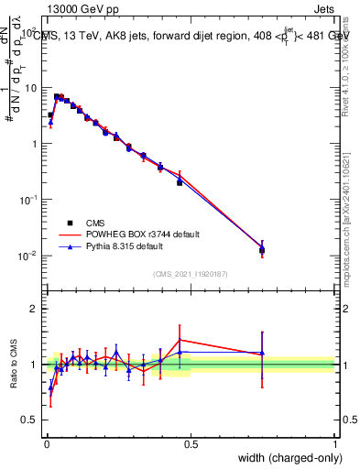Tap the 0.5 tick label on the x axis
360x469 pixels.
(x=191, y=444)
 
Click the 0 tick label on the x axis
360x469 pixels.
(x=46, y=444)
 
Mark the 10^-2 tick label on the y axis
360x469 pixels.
(x=27, y=256)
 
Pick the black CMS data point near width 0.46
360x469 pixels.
(x=180, y=182)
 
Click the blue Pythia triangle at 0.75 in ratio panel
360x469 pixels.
(x=262, y=353)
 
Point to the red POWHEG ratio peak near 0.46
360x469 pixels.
(x=180, y=340)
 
